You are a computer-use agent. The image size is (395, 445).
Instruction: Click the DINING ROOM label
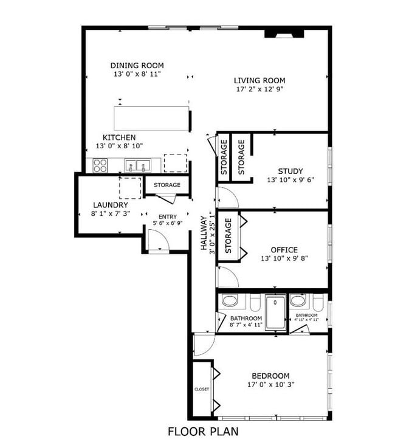coord(137,66)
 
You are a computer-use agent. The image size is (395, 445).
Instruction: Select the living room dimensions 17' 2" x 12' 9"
coord(259,89)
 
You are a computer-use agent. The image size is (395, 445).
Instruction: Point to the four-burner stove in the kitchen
coord(100,165)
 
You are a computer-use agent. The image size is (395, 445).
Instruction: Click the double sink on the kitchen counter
coord(138,165)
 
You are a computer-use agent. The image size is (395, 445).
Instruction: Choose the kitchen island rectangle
coord(152,117)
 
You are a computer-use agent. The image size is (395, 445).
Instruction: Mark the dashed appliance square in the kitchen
coord(175,163)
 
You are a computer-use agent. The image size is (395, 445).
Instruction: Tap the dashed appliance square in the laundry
coord(130,188)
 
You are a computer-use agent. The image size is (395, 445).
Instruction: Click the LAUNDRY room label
coord(110,205)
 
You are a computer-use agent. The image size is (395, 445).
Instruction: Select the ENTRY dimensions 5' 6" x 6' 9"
coord(167,223)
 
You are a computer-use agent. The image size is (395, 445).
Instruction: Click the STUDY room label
coord(290,171)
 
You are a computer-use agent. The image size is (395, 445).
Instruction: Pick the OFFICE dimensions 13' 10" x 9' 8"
coord(284,258)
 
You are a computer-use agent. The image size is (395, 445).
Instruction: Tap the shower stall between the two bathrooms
coord(275,311)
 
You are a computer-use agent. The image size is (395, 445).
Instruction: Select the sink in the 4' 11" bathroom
coord(297,301)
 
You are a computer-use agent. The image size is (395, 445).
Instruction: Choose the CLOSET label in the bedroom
coord(201,388)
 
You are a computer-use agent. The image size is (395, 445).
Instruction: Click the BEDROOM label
coord(270,376)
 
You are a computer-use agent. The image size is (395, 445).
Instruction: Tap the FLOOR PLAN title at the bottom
coord(202,432)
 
